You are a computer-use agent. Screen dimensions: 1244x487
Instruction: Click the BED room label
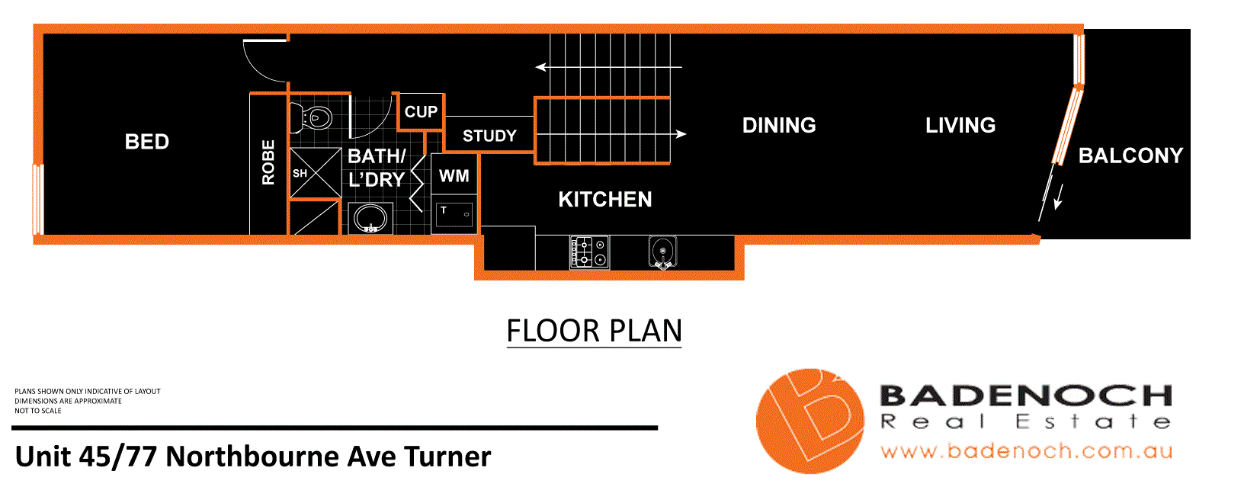[147, 142]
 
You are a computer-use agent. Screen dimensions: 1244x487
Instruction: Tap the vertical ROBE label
[268, 162]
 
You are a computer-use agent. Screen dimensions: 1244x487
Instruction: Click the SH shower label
[300, 174]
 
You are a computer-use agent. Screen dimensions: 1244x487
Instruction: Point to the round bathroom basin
[370, 219]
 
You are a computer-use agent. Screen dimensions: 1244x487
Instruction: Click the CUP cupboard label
[421, 112]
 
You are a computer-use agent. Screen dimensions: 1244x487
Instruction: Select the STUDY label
[489, 136]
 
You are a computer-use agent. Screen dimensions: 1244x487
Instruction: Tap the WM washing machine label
[454, 176]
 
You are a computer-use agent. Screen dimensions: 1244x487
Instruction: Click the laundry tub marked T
[455, 214]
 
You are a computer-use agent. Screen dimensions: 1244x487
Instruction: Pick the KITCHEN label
[605, 200]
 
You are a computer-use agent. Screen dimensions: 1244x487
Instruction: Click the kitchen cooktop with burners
[589, 252]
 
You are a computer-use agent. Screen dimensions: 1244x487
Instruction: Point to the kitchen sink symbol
[662, 252]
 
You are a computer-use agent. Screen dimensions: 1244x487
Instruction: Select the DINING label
[779, 126]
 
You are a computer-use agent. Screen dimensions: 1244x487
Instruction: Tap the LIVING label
[960, 126]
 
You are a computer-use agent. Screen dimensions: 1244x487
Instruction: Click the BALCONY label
[1130, 155]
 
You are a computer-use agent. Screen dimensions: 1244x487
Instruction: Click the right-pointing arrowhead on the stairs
[681, 134]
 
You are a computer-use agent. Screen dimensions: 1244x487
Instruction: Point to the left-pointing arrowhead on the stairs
[540, 67]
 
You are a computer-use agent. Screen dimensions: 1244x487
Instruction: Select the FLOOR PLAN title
[594, 332]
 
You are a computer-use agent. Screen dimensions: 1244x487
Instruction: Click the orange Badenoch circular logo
[810, 421]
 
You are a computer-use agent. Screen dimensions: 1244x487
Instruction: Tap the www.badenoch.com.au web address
[1025, 451]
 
